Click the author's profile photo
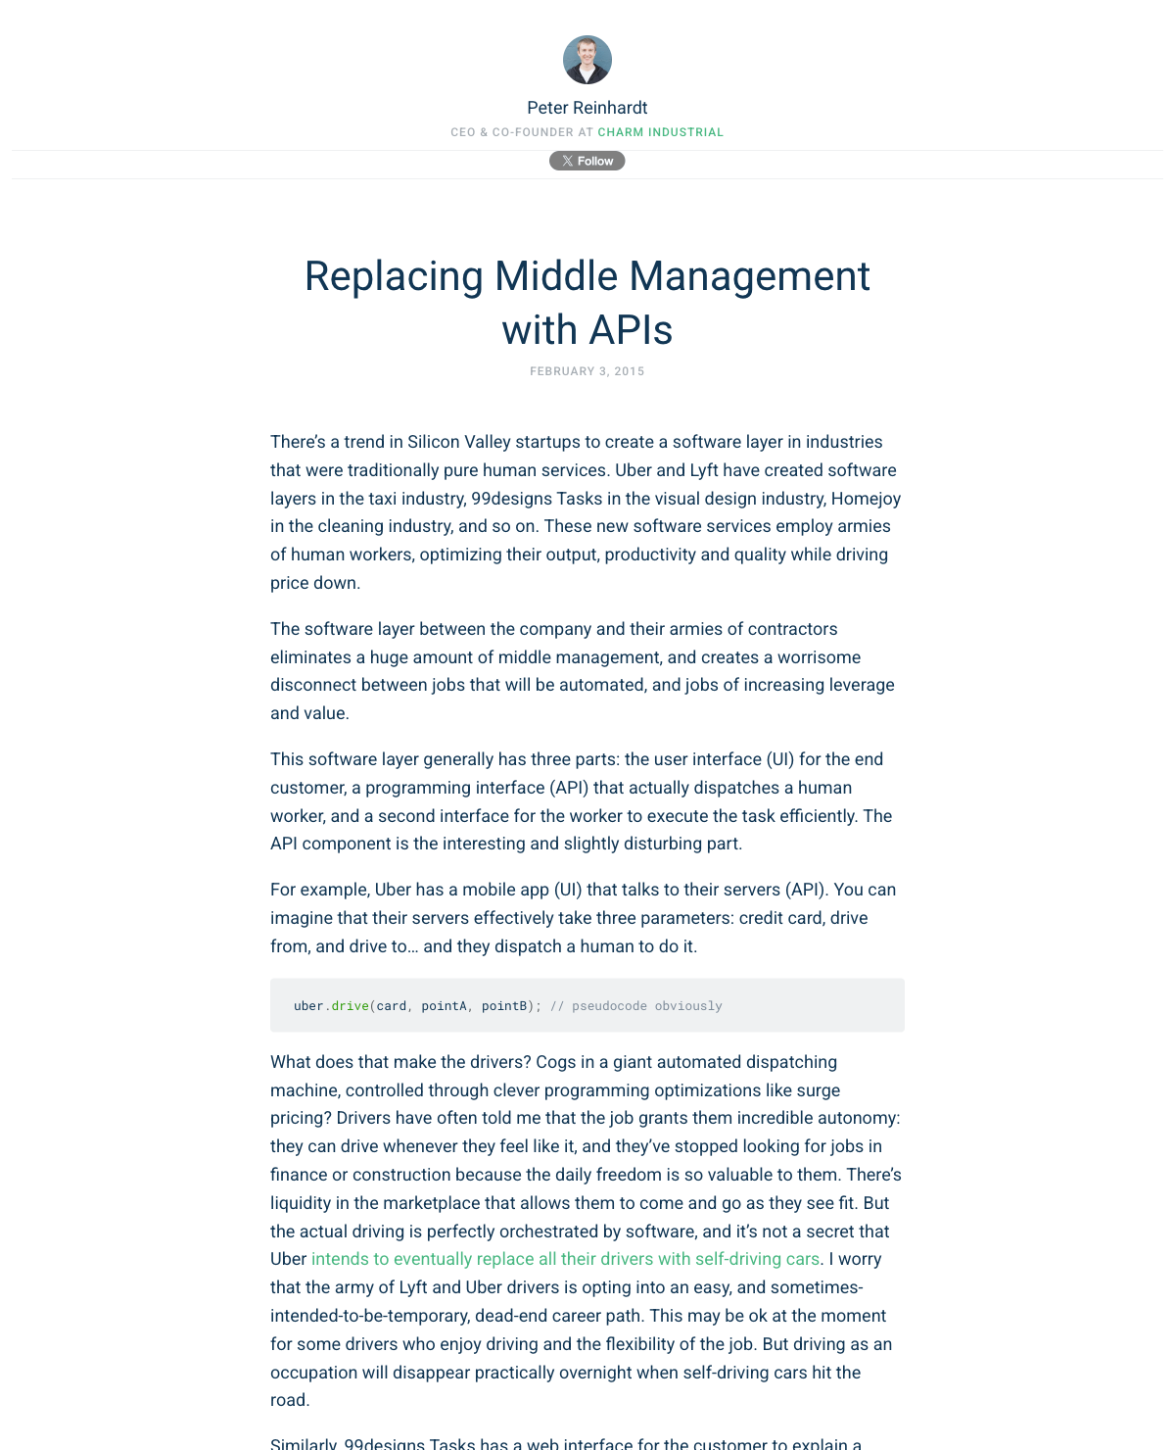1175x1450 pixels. (587, 60)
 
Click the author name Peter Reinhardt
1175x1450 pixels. (587, 108)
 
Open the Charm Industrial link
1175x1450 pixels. (661, 132)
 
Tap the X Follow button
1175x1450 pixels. (587, 161)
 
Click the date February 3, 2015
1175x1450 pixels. (587, 371)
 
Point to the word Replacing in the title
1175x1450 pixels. (394, 276)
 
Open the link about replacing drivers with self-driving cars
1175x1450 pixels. (565, 1259)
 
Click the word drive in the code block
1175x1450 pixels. (350, 1006)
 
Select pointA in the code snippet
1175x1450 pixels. (444, 1006)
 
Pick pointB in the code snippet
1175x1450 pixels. (504, 1006)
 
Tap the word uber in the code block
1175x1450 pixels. (308, 1006)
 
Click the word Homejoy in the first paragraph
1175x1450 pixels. (866, 499)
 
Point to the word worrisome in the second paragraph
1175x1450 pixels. (820, 657)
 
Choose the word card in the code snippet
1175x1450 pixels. (392, 1006)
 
